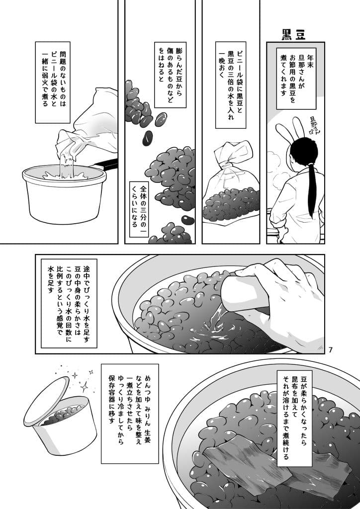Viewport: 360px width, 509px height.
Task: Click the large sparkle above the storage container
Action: pyautogui.click(x=84, y=387)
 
